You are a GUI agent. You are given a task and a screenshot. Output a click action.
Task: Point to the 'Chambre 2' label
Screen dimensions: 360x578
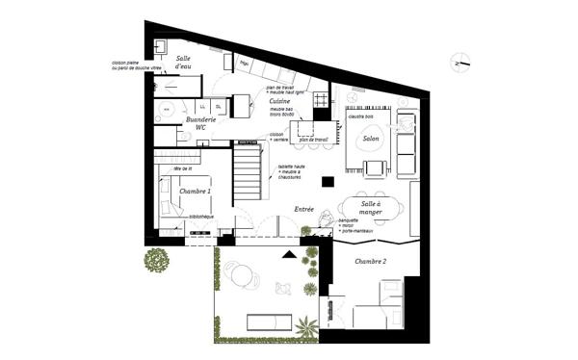tap(370, 262)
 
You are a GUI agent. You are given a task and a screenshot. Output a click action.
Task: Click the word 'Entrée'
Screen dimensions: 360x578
tap(303, 208)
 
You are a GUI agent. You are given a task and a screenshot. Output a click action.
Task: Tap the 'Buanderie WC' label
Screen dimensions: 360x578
tap(201, 123)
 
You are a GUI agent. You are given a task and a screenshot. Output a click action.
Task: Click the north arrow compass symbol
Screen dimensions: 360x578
tap(460, 64)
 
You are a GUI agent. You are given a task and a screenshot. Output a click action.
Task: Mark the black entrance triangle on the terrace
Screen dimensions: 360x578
tap(289, 255)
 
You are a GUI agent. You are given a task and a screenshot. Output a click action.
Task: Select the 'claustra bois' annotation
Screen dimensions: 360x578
tap(362, 115)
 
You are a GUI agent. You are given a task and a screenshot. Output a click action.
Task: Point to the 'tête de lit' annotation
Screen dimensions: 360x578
tap(183, 169)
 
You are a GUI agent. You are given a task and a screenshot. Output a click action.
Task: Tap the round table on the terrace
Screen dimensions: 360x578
tap(240, 275)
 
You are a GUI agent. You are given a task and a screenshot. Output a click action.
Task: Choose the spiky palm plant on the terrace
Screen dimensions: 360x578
tap(305, 326)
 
